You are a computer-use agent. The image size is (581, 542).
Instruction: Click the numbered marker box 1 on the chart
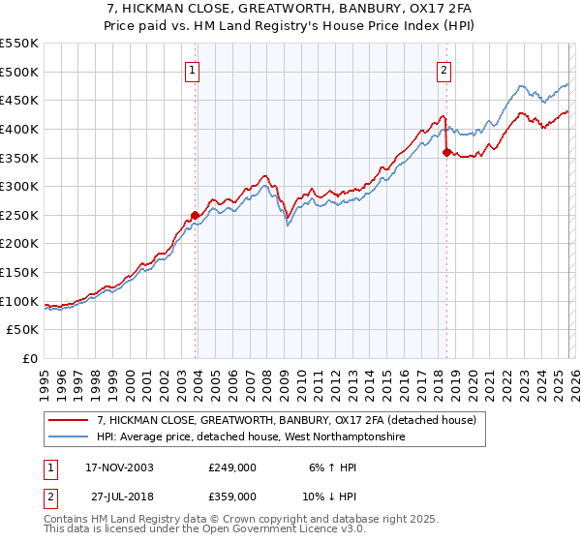(194, 70)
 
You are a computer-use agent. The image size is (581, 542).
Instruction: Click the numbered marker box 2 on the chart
(443, 70)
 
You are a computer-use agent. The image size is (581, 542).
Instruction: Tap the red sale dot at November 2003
(196, 215)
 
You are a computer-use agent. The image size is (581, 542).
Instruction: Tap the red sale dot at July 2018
(446, 152)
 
